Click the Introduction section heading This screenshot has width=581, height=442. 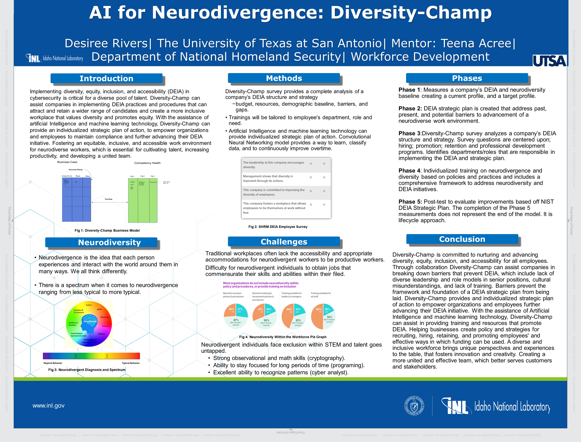pyautogui.click(x=106, y=78)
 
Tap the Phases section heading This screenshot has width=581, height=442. pyautogui.click(x=467, y=78)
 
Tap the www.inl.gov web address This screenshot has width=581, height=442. pyautogui.click(x=48, y=405)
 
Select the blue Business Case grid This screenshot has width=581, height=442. pyautogui.click(x=76, y=199)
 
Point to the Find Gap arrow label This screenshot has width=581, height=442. pyautogui.click(x=109, y=199)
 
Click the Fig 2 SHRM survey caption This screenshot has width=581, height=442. pyautogui.click(x=278, y=226)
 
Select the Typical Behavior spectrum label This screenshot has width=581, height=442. pyautogui.click(x=131, y=363)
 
